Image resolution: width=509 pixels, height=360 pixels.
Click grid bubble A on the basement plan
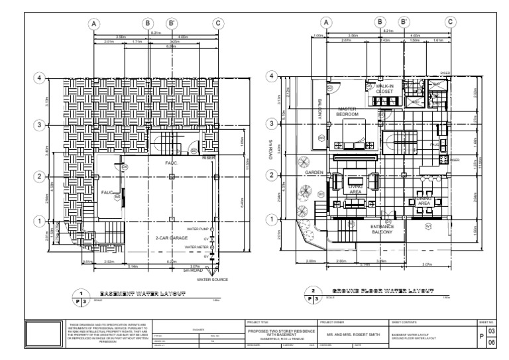tap(95, 23)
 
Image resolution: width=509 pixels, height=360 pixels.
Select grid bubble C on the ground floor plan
tap(451, 23)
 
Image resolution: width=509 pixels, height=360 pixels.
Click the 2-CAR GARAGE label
tap(170, 237)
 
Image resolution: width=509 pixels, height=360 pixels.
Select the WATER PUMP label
tap(197, 229)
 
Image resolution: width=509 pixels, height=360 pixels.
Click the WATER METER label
tap(197, 247)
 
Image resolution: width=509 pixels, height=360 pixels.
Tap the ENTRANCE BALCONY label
tap(382, 229)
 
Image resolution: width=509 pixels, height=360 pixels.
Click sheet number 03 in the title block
tap(491, 330)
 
